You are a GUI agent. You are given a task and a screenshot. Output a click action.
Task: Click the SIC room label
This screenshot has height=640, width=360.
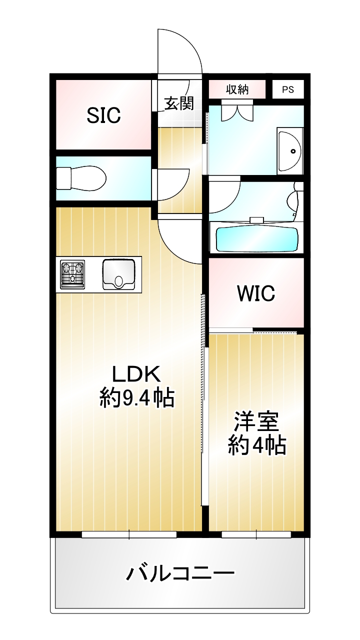pyautogui.click(x=103, y=115)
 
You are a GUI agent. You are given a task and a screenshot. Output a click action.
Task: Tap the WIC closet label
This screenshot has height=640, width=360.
pyautogui.click(x=256, y=293)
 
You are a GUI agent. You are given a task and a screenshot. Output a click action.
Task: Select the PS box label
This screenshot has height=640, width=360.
pyautogui.click(x=287, y=89)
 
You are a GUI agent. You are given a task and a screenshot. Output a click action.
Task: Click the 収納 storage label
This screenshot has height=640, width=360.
pyautogui.click(x=237, y=89)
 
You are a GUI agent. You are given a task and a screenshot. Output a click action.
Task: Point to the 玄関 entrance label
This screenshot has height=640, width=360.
pyautogui.click(x=179, y=103)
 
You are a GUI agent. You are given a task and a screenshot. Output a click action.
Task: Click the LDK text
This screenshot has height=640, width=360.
pyautogui.click(x=136, y=374)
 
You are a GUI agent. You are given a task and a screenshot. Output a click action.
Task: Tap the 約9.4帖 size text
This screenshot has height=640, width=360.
pyautogui.click(x=137, y=398)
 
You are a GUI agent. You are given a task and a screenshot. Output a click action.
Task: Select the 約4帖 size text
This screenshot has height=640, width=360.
pyautogui.click(x=257, y=445)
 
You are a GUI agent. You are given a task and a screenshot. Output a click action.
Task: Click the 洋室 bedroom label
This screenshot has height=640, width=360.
pyautogui.click(x=256, y=421)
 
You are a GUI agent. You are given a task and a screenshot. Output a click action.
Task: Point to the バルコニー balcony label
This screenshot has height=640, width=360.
pyautogui.click(x=180, y=573)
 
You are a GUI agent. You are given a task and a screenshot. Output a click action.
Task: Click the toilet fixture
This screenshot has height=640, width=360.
pyautogui.click(x=81, y=178)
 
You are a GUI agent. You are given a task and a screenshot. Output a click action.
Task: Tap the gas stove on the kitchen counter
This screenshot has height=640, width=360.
pyautogui.click(x=72, y=274)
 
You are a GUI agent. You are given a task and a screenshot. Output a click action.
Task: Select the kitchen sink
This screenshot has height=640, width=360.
pyautogui.click(x=118, y=274)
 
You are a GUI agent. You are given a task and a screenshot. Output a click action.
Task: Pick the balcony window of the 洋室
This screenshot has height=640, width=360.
pyautogui.click(x=256, y=534)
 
